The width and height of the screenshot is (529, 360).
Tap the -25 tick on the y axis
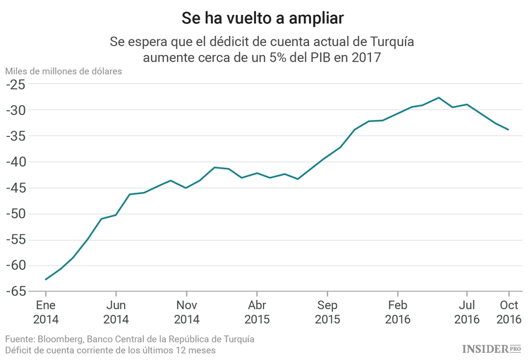(16, 85)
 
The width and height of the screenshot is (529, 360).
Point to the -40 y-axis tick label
(16, 162)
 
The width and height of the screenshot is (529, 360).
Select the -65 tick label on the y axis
(16, 291)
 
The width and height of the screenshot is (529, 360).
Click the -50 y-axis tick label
(16, 214)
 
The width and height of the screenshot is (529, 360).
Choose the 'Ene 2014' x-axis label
(46, 312)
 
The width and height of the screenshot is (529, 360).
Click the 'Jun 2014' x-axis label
(116, 312)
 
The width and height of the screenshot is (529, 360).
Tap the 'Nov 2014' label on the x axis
(186, 312)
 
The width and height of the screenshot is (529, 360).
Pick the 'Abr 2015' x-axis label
(256, 312)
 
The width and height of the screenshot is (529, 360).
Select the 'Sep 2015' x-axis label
(327, 312)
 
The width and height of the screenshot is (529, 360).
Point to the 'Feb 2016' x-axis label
(397, 312)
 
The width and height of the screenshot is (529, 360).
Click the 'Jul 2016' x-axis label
(466, 312)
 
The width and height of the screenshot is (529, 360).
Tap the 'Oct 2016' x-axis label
(509, 312)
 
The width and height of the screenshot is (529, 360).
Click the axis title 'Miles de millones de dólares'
(63, 71)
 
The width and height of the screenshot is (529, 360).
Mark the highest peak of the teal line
(439, 97)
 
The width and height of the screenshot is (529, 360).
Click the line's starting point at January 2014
(46, 280)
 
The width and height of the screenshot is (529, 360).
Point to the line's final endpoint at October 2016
(509, 130)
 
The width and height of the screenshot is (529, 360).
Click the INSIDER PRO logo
(491, 349)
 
